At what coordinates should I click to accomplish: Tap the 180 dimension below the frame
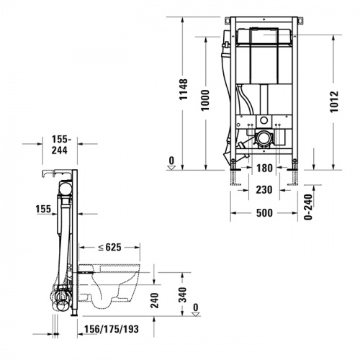pyautogui.click(x=265, y=168)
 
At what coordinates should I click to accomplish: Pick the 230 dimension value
pyautogui.click(x=265, y=189)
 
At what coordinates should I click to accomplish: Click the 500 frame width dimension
pyautogui.click(x=265, y=214)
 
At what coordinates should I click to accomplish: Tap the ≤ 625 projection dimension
pyautogui.click(x=111, y=248)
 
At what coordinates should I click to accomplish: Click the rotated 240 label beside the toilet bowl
pyautogui.click(x=154, y=300)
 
